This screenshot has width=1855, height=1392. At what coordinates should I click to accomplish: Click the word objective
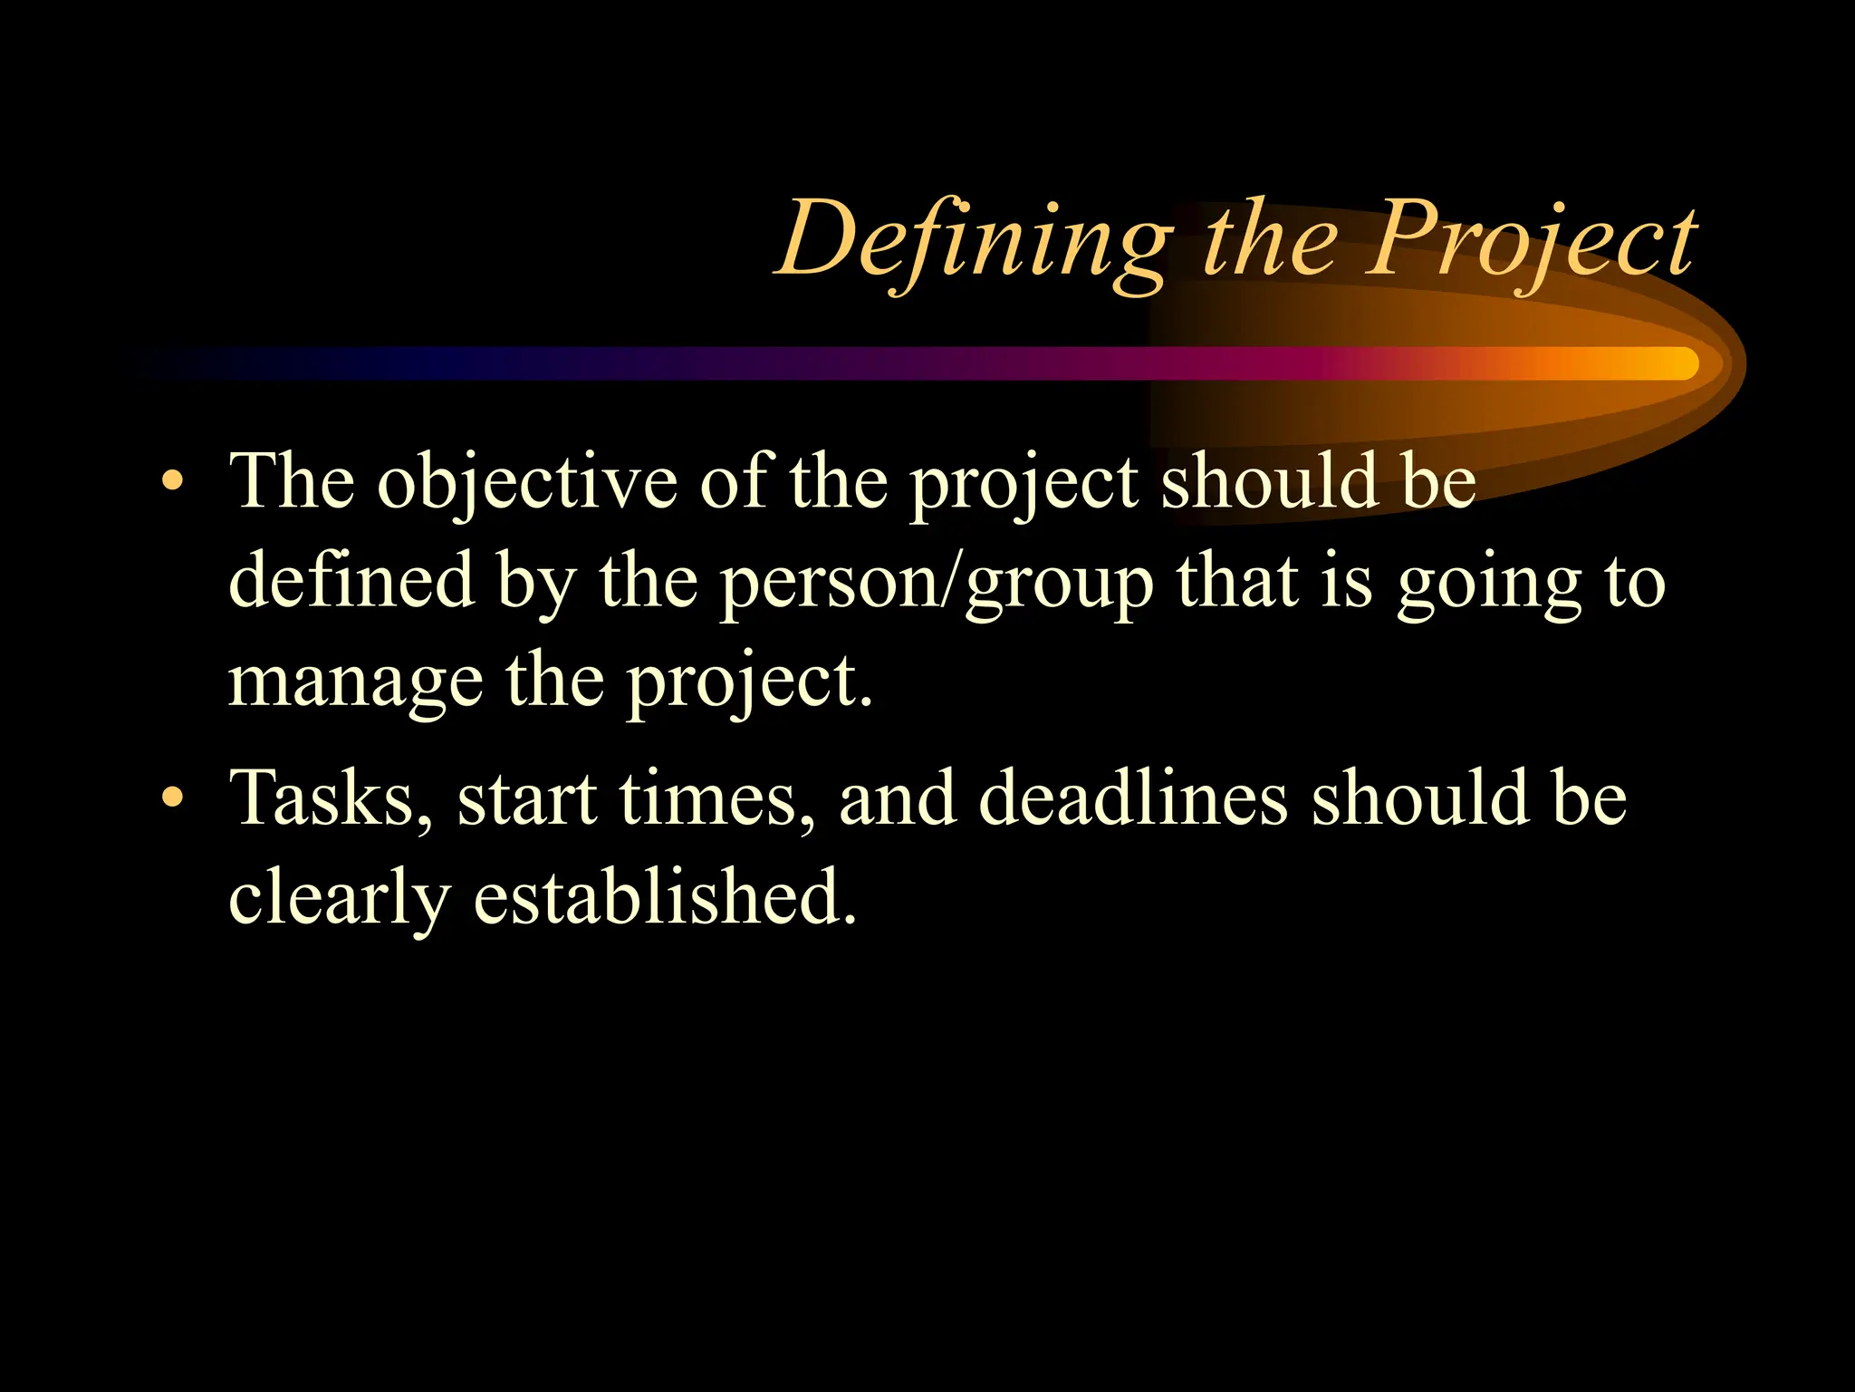click(x=526, y=483)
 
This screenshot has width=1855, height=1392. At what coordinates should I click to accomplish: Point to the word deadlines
click(x=1133, y=798)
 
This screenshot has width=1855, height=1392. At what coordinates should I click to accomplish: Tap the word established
click(x=664, y=896)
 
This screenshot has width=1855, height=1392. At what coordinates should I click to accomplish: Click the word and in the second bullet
click(x=898, y=798)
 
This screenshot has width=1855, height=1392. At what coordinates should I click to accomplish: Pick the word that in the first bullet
click(x=1237, y=580)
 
